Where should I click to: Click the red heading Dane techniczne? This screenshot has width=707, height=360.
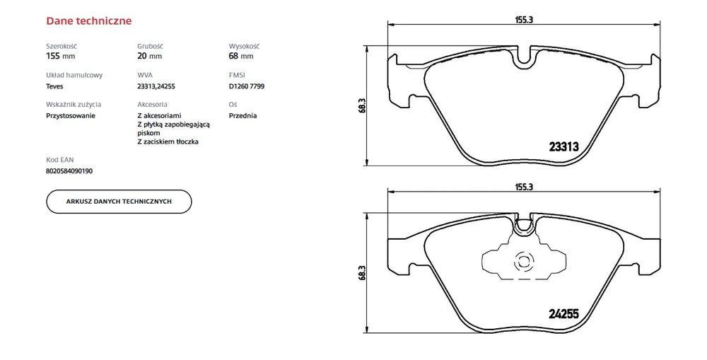point(88,21)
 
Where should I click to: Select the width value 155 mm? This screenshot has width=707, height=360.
point(60,55)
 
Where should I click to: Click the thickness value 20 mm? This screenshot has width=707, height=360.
point(149,55)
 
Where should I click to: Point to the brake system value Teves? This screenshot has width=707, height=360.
point(55,86)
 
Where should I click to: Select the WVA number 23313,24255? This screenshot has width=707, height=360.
point(156,86)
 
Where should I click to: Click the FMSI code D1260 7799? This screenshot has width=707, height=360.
point(247,86)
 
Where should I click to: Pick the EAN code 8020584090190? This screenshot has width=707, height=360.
point(69,170)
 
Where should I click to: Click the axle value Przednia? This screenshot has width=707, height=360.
point(243,115)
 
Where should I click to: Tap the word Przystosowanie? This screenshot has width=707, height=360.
point(71,115)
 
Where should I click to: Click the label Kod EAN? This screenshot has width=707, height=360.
point(59,160)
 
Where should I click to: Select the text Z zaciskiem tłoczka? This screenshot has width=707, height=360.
point(168,141)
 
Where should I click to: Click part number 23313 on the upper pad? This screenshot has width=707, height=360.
point(563,147)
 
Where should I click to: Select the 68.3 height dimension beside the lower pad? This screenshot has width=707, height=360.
point(362,273)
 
